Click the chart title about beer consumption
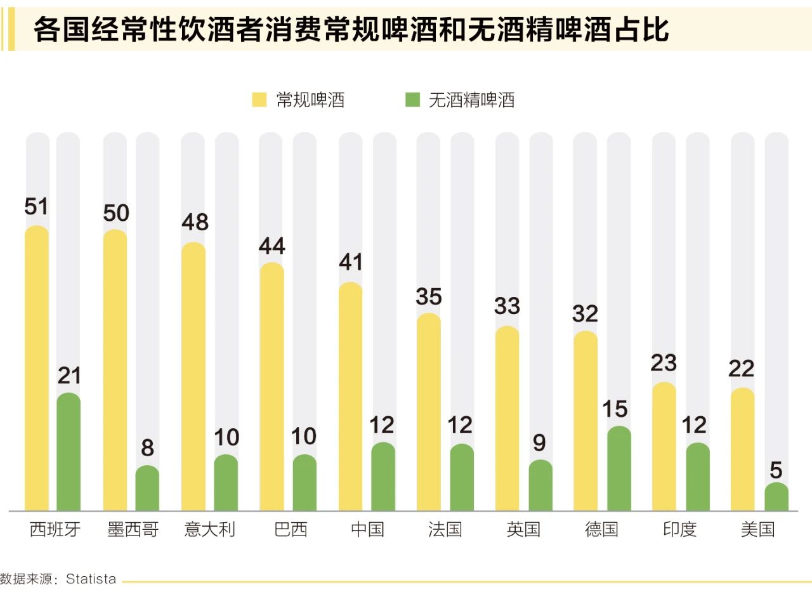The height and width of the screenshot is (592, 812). [x=351, y=30]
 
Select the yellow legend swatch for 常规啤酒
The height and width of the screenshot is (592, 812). [x=259, y=100]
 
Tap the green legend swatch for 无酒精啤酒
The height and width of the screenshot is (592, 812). [x=413, y=100]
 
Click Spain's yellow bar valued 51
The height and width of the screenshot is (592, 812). [x=37, y=368]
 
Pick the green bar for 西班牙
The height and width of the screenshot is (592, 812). [x=69, y=452]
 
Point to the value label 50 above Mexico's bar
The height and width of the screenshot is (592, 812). [x=116, y=213]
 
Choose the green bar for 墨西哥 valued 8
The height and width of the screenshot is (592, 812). [x=147, y=488]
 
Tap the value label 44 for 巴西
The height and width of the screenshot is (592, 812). [x=272, y=246]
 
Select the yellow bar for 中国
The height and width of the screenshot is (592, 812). [x=351, y=397]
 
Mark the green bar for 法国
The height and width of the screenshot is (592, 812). [x=462, y=477]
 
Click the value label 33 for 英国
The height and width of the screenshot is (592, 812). [x=507, y=306]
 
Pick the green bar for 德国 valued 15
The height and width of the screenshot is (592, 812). [x=619, y=468]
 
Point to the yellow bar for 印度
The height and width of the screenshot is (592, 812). [x=664, y=446]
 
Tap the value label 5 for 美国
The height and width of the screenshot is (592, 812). [x=776, y=470]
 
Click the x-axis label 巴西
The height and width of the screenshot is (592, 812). [x=291, y=529]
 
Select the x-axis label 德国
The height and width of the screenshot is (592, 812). [x=601, y=529]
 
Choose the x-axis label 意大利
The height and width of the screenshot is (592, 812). [x=210, y=529]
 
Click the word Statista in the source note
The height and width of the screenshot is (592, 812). [x=91, y=579]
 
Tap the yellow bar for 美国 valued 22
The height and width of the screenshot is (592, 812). [x=743, y=449]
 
